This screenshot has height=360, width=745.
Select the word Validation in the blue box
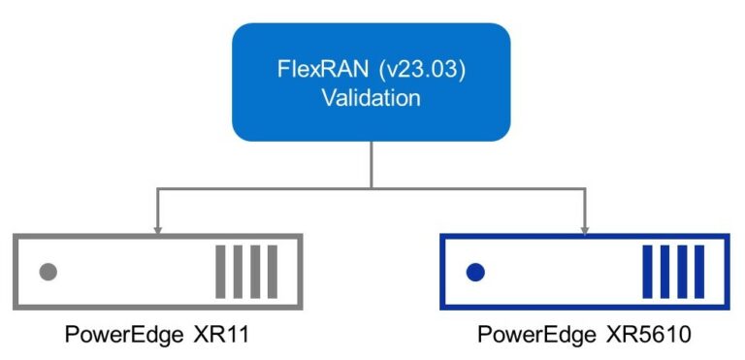coord(372,99)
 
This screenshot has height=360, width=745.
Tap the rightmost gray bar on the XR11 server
coord(272,272)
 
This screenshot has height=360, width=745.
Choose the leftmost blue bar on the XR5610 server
coord(647,272)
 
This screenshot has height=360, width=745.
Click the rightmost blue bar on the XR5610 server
coord(697,272)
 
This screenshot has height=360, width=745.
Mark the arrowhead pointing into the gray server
coord(157,228)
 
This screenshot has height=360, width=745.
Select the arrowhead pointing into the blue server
coord(585,228)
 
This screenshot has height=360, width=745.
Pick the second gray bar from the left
coord(238,272)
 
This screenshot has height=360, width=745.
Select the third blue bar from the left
coord(681,272)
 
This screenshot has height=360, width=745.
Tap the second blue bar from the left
coord(664,272)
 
